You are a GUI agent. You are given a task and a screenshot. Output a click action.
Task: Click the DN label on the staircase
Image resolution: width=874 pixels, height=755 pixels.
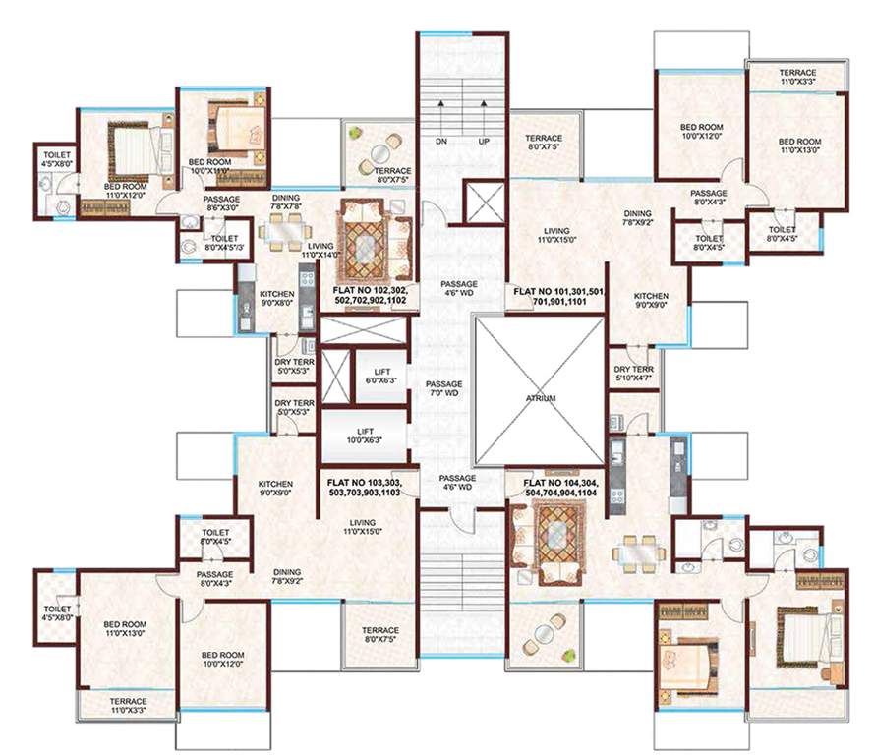(442, 142)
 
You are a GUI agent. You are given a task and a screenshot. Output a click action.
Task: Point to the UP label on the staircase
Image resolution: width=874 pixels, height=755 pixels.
(483, 142)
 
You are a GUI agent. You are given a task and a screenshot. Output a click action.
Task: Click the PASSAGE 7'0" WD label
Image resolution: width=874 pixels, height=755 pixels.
(443, 390)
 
